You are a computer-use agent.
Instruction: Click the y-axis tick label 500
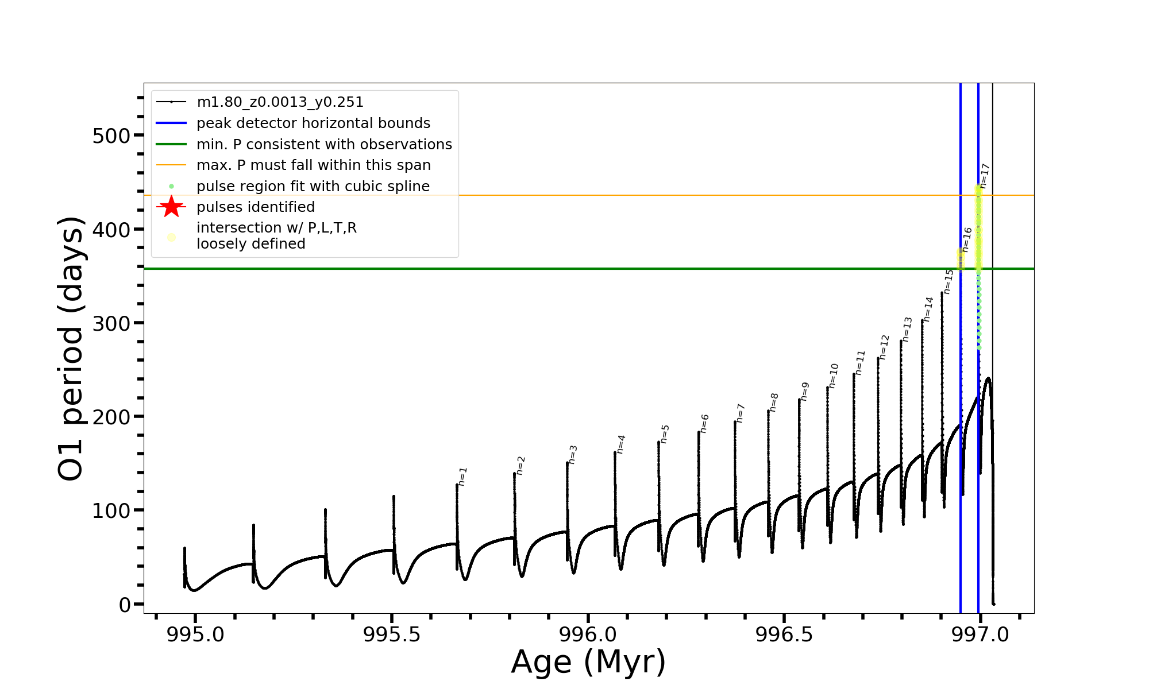click(111, 136)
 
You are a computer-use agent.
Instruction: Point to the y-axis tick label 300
click(111, 323)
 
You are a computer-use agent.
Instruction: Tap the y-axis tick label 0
click(125, 605)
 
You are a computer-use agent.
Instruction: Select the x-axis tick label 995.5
click(392, 634)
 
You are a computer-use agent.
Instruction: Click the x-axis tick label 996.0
click(588, 634)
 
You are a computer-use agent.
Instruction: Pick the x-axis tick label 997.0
click(980, 634)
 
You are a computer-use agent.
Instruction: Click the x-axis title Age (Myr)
click(588, 662)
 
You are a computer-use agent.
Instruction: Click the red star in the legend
click(171, 207)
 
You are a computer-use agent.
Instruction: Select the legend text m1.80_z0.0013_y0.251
click(280, 102)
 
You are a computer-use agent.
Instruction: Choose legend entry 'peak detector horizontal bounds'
click(313, 123)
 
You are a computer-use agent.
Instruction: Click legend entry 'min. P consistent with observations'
click(324, 144)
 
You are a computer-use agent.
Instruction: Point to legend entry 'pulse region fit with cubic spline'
click(313, 187)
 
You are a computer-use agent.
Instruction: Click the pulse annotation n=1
click(463, 477)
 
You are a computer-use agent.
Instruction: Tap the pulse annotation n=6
click(705, 424)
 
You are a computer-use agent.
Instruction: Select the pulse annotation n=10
click(834, 376)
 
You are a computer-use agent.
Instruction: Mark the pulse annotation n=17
click(985, 176)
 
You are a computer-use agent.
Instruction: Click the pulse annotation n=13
click(907, 330)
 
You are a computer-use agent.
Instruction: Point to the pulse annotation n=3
click(573, 455)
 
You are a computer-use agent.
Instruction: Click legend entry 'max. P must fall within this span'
click(313, 165)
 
